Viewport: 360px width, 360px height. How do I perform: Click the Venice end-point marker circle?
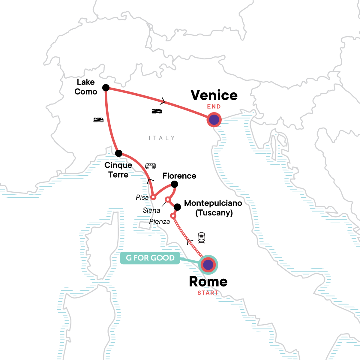point(214,120)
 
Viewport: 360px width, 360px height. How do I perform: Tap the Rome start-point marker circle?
point(208,265)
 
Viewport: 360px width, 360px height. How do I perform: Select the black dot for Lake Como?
point(106,88)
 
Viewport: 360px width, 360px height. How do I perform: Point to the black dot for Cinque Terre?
point(119,153)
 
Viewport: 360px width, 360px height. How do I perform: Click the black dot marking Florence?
point(174,184)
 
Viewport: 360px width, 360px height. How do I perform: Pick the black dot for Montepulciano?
point(177,207)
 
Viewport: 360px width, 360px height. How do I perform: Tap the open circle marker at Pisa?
point(153,197)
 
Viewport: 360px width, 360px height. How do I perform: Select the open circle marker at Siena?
point(168,199)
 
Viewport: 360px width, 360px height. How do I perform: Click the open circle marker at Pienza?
point(173,216)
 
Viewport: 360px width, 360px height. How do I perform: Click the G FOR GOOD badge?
point(150,258)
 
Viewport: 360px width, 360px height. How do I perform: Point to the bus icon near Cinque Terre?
point(150,166)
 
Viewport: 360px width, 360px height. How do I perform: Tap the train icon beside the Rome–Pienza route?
point(201,238)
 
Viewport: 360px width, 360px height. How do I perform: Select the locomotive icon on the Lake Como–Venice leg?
point(157,111)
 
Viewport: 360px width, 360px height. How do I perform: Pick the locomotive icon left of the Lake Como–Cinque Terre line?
point(98,120)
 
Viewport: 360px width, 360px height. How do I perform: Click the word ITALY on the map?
point(162,138)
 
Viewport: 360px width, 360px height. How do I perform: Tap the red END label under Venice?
point(214,106)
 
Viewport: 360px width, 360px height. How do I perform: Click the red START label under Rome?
point(208,293)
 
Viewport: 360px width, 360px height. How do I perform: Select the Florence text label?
point(179,176)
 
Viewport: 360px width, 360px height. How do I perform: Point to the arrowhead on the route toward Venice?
point(163,101)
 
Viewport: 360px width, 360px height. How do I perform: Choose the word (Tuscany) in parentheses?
point(214,213)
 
